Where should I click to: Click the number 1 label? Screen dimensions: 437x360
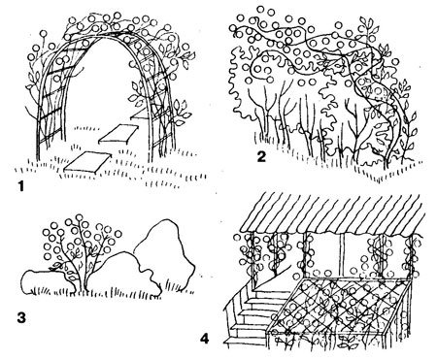click(21, 186)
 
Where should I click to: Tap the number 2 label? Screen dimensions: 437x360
click(261, 157)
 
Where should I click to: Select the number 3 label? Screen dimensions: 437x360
click(21, 317)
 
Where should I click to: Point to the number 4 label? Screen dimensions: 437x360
click(205, 340)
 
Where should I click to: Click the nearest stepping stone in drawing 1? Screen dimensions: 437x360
click(87, 162)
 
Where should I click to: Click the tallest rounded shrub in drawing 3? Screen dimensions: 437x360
click(163, 252)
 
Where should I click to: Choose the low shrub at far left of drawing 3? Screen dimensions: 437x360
click(47, 282)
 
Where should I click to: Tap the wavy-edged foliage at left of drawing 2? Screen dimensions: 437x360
click(241, 85)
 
